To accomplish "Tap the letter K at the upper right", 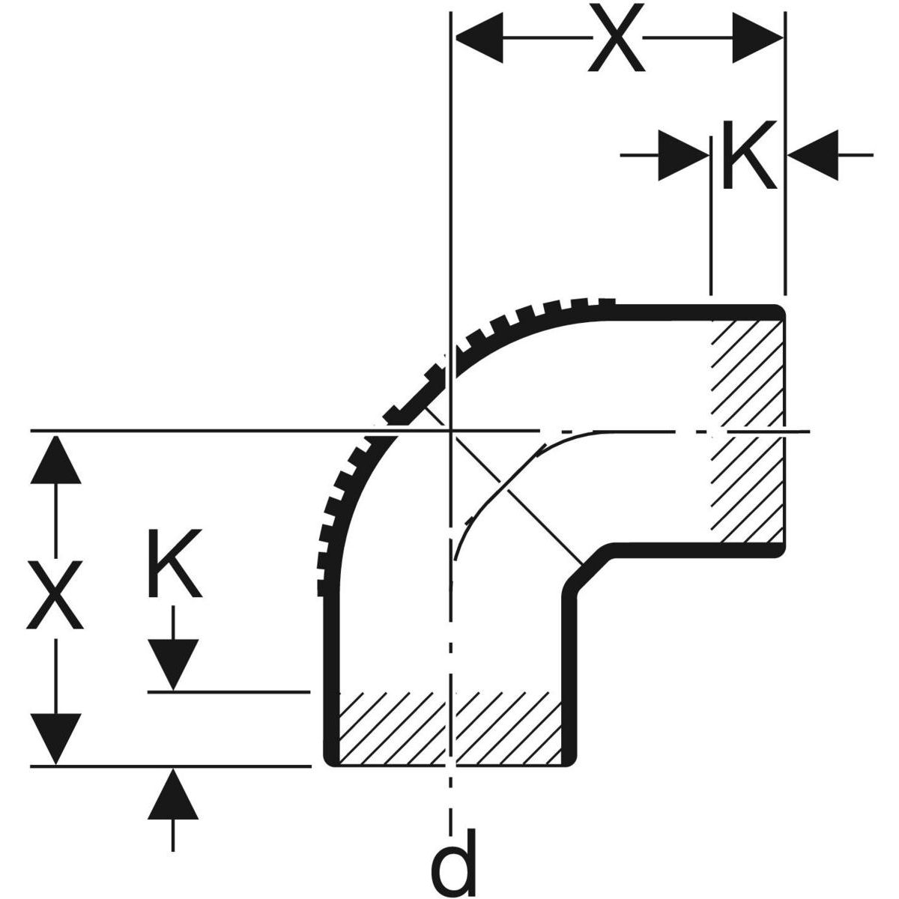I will click(x=748, y=155).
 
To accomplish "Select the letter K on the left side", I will click(x=174, y=563).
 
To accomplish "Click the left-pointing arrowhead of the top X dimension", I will click(x=479, y=37).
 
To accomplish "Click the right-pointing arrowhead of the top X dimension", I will click(x=757, y=37).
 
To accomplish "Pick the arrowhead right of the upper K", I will click(x=812, y=155).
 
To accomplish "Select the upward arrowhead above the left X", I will click(x=55, y=459).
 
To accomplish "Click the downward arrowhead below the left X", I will click(x=55, y=738).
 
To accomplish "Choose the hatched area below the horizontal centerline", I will click(x=748, y=491).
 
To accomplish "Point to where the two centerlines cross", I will click(x=449, y=431).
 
